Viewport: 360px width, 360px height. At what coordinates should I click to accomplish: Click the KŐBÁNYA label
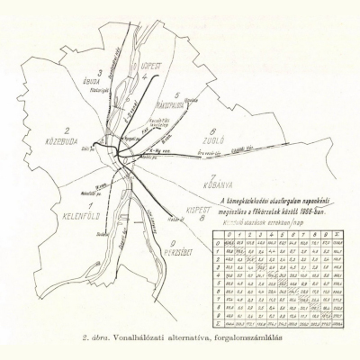pos(227,186)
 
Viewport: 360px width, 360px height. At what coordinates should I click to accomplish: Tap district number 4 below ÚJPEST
pos(143,76)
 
